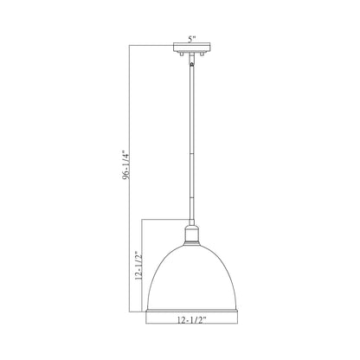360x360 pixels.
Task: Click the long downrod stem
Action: click(x=190, y=138)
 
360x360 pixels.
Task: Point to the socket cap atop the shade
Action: click(x=190, y=227)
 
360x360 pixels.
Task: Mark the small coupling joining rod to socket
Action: click(x=190, y=215)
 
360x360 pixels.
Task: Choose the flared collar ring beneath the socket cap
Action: click(x=190, y=236)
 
